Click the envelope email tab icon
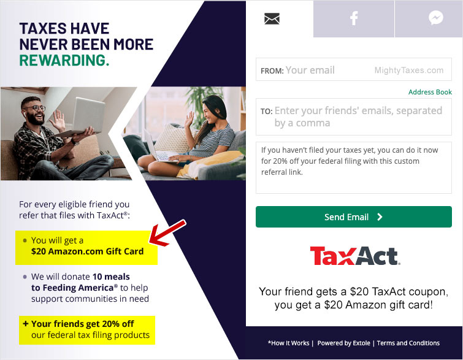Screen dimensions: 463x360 coord(272,18)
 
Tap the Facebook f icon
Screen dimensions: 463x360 coord(354,18)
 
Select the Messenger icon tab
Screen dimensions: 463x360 coord(436,18)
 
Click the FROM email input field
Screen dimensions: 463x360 coord(353,69)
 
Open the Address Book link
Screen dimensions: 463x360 coord(430,92)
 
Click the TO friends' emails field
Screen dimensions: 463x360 coord(353,117)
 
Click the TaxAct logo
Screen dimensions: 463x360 coord(355,256)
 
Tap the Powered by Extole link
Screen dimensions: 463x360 coord(343,343)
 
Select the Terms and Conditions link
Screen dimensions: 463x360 coord(408,343)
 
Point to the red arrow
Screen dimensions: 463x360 coord(167,233)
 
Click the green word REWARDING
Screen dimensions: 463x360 coord(64,60)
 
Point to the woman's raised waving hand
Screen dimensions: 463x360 coord(189,119)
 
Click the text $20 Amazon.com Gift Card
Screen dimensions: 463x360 coord(88,251)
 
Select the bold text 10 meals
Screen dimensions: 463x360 coord(111,277)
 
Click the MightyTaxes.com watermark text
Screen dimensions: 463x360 coord(409,71)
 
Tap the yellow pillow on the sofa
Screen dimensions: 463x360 coord(210,164)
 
